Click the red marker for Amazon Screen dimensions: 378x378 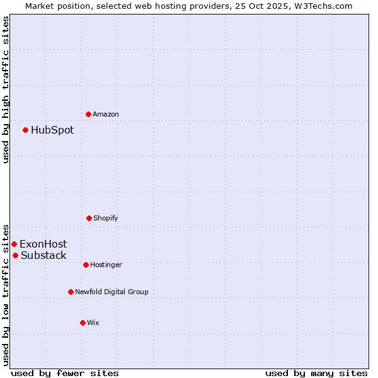88,114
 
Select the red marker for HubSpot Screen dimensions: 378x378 25,130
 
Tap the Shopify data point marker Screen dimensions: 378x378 89,218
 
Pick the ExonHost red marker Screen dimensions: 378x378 14,244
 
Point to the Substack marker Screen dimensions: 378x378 15,255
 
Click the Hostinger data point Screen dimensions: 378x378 86,265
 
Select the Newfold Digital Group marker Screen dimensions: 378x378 71,292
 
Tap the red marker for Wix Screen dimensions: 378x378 83,323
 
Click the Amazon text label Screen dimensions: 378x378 106,114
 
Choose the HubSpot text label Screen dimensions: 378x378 52,130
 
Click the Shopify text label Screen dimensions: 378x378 106,218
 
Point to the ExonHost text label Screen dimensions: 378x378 43,244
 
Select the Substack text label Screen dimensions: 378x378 43,255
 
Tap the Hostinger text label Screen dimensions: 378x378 106,265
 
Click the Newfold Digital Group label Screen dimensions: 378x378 112,292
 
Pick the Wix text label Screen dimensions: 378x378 93,323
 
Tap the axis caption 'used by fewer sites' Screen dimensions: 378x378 65,373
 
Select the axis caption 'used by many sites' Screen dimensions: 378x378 316,373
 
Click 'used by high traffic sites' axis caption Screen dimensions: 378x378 6,89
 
